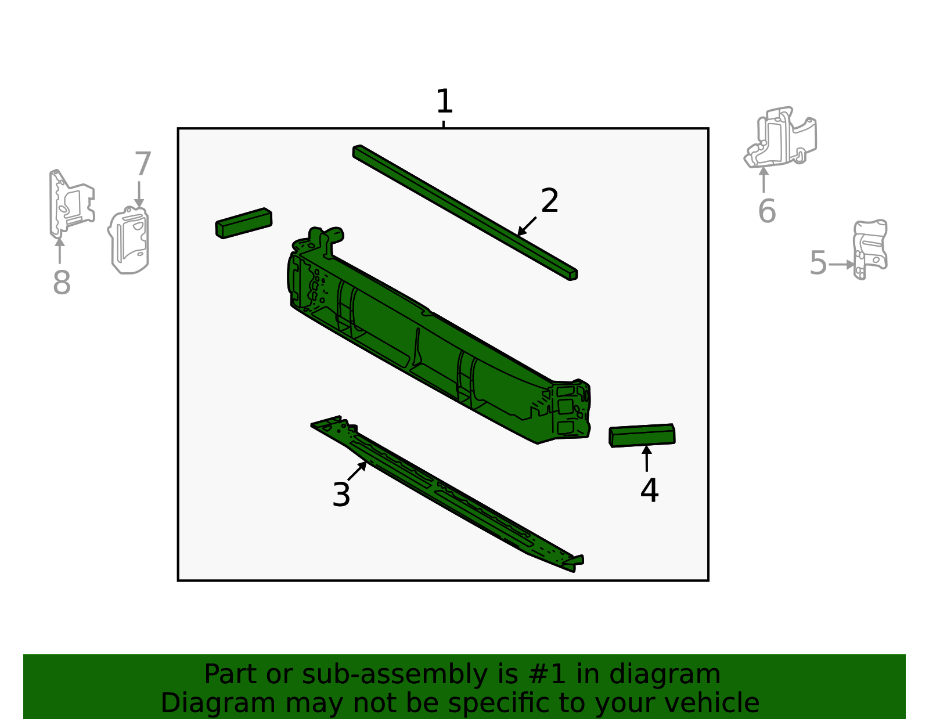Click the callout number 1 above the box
pyautogui.click(x=444, y=102)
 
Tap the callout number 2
pyautogui.click(x=549, y=201)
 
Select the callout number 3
pyautogui.click(x=341, y=495)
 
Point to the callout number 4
pyautogui.click(x=649, y=490)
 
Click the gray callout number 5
pyautogui.click(x=818, y=264)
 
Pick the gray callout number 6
pyautogui.click(x=766, y=211)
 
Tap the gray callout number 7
pyautogui.click(x=143, y=164)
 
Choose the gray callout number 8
pyautogui.click(x=62, y=283)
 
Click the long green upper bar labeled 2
pyautogui.click(x=464, y=212)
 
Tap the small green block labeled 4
pyautogui.click(x=642, y=435)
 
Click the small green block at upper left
pyautogui.click(x=244, y=223)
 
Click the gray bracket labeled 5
pyautogui.click(x=870, y=249)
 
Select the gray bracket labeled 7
pyautogui.click(x=129, y=241)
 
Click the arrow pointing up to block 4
pyautogui.click(x=646, y=459)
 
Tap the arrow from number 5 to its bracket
pyautogui.click(x=842, y=265)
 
